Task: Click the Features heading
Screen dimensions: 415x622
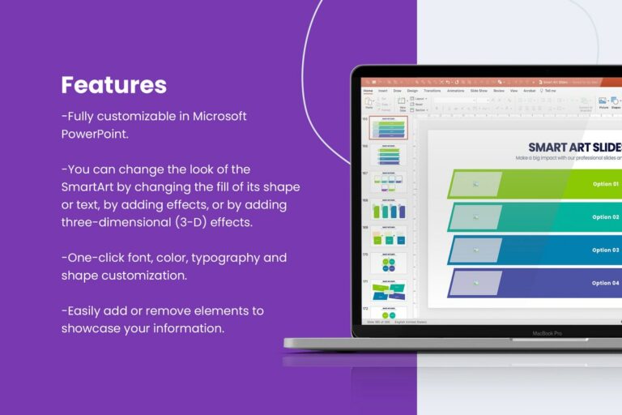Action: tap(114, 85)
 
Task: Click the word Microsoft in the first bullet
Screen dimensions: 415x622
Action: tap(219, 116)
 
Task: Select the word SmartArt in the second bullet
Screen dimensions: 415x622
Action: tap(88, 186)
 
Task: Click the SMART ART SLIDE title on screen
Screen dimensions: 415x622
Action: tap(574, 147)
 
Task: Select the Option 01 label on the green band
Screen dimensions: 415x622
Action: tap(605, 184)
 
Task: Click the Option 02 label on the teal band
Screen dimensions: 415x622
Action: tap(605, 217)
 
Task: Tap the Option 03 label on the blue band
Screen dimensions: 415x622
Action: tap(605, 250)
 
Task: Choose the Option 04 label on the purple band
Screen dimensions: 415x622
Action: tap(605, 283)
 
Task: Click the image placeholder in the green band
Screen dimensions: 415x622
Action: tap(476, 184)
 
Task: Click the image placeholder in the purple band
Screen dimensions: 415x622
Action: tap(476, 283)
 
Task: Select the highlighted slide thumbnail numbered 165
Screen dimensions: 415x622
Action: tap(389, 127)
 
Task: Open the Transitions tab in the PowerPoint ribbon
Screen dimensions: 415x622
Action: tap(432, 91)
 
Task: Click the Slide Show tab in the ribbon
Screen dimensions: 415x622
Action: tap(479, 91)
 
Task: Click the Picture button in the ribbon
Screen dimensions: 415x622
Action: tap(603, 102)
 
